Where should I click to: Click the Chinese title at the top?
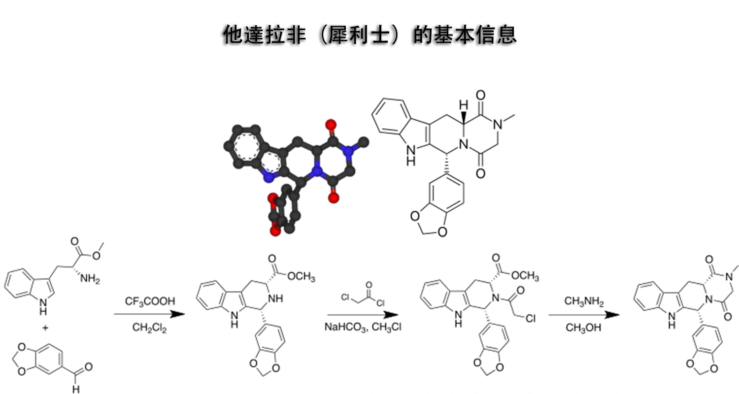click(369, 34)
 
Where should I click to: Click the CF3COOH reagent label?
click(150, 301)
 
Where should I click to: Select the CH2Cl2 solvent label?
click(149, 328)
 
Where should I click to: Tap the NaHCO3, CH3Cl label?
click(363, 327)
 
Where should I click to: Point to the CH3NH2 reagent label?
click(584, 301)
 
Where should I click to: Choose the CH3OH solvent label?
click(583, 328)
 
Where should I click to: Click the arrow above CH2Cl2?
click(149, 314)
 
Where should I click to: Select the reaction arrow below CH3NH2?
click(584, 315)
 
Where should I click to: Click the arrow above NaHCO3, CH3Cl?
click(363, 315)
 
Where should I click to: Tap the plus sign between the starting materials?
click(45, 328)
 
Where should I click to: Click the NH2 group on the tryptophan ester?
click(90, 279)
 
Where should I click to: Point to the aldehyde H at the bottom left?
click(76, 389)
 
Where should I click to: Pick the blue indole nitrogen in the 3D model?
click(269, 178)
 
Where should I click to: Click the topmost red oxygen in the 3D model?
click(331, 125)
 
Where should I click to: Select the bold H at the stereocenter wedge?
click(464, 105)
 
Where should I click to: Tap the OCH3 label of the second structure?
click(301, 276)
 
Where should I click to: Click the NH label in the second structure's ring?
click(275, 299)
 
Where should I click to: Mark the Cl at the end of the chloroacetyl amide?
click(531, 319)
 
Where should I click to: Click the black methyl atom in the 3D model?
click(364, 142)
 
